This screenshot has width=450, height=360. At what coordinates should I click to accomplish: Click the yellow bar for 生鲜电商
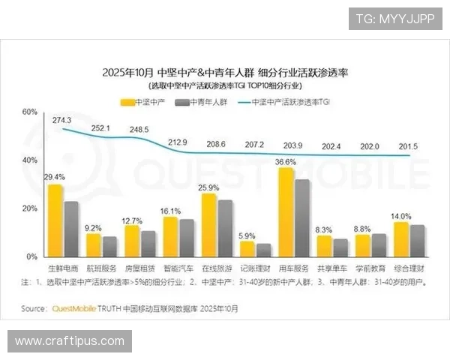55,220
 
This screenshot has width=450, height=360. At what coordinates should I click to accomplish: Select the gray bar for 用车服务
301,217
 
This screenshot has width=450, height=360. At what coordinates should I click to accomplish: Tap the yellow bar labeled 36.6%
286,212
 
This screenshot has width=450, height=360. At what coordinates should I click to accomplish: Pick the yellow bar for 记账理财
247,248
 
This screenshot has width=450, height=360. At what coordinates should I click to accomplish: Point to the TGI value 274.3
61,120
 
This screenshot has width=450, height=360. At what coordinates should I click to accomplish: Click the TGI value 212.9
178,142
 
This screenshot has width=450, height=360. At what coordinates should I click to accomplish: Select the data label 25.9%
210,187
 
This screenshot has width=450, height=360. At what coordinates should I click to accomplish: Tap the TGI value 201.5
407,145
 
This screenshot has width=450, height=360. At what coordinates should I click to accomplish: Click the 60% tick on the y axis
30,112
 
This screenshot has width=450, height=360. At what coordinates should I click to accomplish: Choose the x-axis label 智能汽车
178,267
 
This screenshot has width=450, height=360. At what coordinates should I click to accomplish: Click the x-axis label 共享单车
331,267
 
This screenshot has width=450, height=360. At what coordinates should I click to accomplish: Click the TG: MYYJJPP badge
395,18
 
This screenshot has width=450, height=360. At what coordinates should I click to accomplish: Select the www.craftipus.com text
70,341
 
